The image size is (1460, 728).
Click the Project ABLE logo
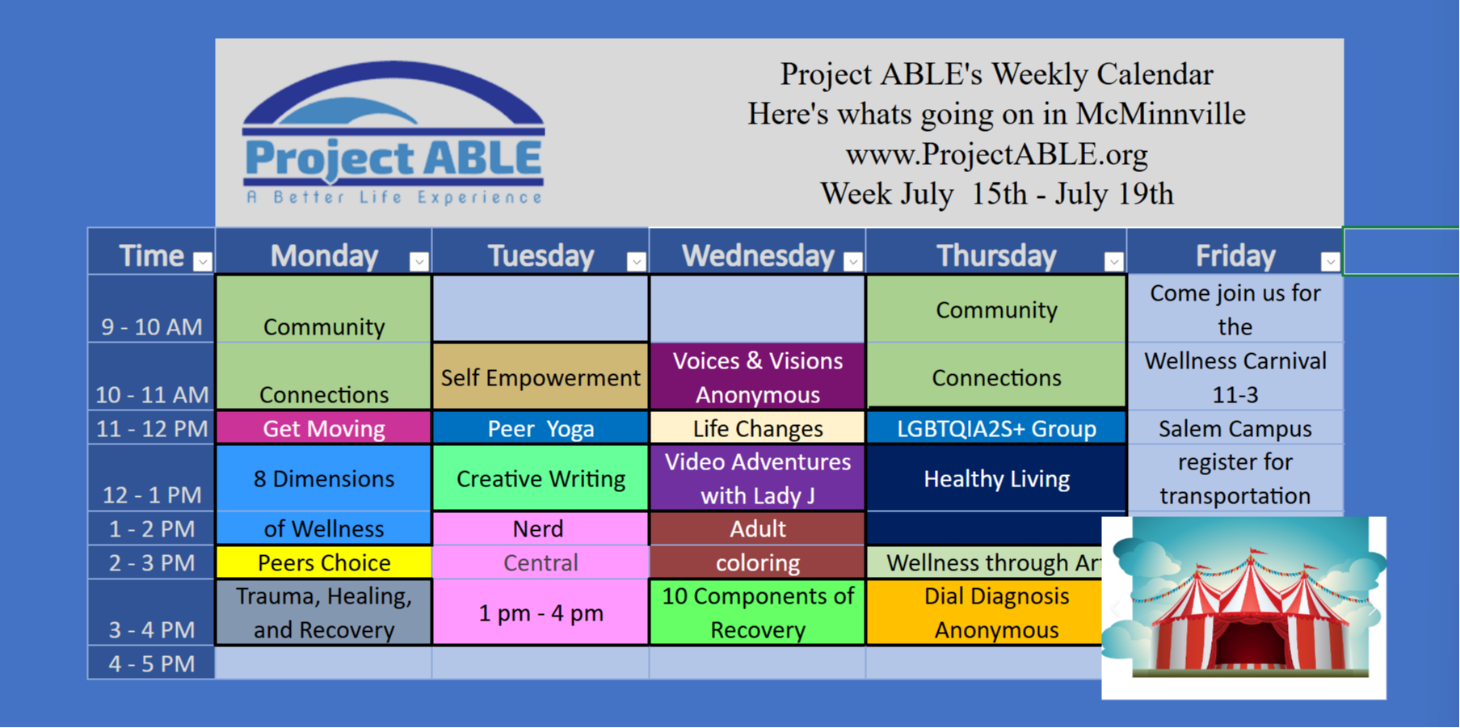[393, 133]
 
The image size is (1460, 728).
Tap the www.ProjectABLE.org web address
[996, 154]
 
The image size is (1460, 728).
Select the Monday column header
[324, 256]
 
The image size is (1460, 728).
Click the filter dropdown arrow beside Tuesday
[636, 261]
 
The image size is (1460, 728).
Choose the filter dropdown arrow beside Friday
[1330, 261]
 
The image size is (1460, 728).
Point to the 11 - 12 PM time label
[152, 428]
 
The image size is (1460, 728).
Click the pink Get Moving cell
[323, 428]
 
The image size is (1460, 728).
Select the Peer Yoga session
[541, 428]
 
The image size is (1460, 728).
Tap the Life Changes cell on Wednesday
[757, 428]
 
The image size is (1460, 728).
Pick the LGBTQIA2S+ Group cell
[996, 428]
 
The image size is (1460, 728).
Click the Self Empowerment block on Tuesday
[541, 377]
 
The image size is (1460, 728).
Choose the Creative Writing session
[541, 478]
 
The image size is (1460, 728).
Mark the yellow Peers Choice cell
[323, 562]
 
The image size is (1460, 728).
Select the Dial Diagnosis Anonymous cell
[985, 612]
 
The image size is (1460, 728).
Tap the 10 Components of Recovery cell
[757, 612]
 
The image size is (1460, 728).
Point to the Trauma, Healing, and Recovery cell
[323, 612]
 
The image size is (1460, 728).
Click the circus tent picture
[1243, 608]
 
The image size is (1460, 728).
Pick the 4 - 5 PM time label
[152, 663]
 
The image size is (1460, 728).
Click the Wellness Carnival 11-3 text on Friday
[1235, 377]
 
